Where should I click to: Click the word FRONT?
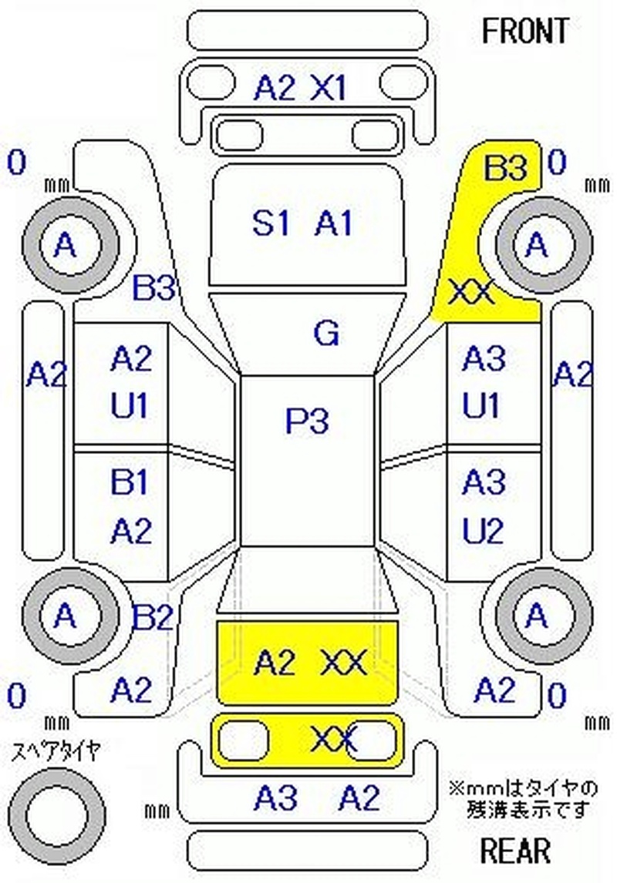click(524, 31)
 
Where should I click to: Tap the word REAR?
click(516, 851)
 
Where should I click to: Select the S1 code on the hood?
click(271, 223)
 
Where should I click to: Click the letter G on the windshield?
click(326, 334)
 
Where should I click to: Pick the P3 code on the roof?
click(307, 421)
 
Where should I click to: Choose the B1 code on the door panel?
click(130, 483)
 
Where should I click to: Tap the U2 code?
click(483, 531)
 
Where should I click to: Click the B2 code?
click(153, 617)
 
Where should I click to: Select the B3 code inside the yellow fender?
click(505, 168)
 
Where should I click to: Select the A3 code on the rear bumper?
click(275, 800)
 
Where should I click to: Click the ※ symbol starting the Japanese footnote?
click(455, 789)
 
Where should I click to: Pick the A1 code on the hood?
click(334, 223)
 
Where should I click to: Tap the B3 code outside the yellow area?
click(155, 289)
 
